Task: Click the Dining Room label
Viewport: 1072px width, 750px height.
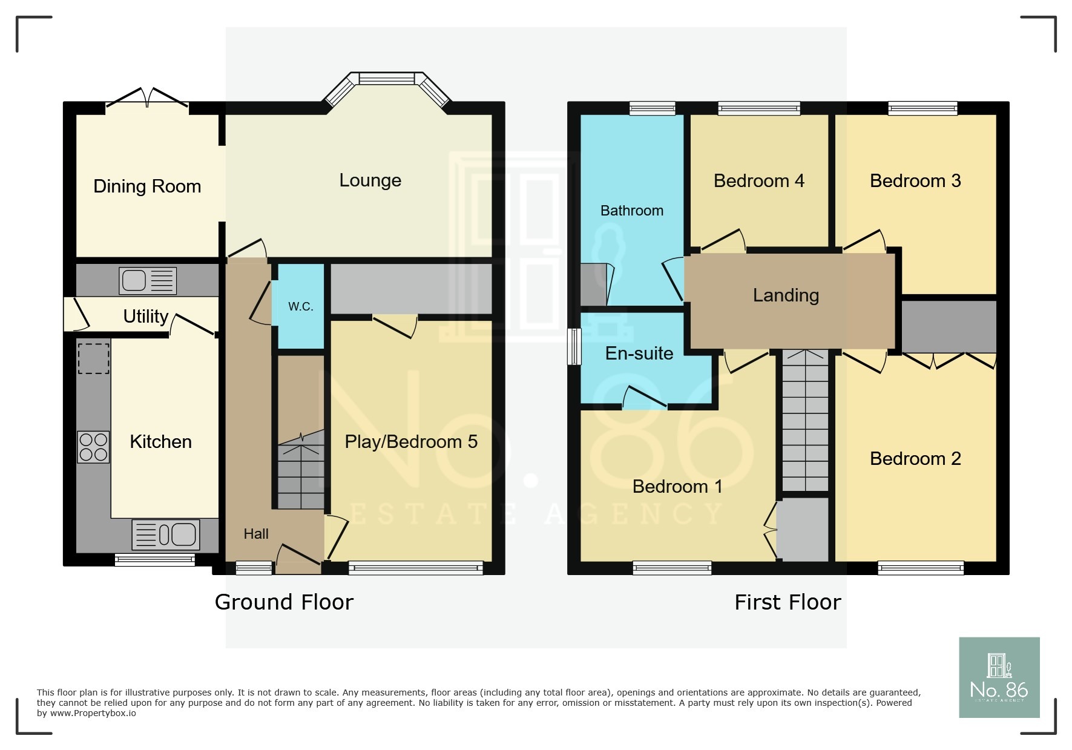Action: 147,186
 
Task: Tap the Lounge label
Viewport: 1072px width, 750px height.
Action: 370,180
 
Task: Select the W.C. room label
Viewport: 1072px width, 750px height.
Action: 300,306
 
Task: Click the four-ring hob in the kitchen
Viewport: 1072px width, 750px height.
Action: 93,447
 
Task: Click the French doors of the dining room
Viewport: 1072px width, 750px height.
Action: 147,100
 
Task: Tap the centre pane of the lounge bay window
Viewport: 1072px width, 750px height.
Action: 386,78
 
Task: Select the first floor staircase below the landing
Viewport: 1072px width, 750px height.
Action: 805,421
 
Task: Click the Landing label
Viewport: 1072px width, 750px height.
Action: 786,295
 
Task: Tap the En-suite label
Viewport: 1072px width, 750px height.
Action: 639,354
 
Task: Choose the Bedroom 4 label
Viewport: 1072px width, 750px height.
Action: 758,181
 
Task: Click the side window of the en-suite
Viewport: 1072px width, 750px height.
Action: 573,346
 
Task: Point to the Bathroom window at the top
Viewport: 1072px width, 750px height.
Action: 652,108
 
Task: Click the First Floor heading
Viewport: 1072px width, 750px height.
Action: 788,602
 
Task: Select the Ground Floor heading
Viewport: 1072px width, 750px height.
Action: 284,602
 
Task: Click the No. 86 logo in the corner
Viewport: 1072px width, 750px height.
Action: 999,677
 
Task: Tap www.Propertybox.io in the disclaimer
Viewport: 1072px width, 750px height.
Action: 93,714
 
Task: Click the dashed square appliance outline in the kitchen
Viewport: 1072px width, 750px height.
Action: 94,358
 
